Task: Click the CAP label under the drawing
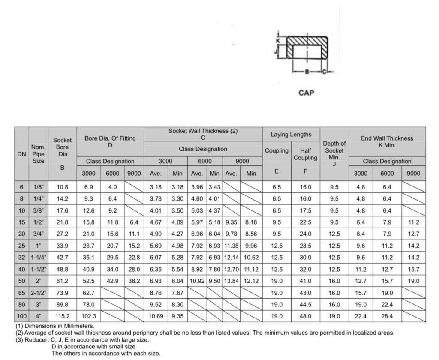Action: point(306,93)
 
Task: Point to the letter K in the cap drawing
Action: point(277,40)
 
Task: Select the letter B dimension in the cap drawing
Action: point(307,72)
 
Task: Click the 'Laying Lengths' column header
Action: point(291,135)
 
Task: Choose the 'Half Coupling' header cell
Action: point(305,154)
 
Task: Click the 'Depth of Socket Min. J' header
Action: point(334,153)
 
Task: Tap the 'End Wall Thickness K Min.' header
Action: point(387,141)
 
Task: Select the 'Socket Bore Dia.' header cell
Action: point(62,147)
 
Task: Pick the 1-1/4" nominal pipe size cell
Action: point(39,258)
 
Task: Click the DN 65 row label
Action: point(21,293)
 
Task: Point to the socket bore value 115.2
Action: point(62,316)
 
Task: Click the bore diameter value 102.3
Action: point(89,316)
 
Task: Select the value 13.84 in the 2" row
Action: point(231,281)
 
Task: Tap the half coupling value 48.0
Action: point(305,316)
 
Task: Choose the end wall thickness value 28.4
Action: point(387,316)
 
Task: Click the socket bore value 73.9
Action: point(62,293)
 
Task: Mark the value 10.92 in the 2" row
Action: point(197,281)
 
